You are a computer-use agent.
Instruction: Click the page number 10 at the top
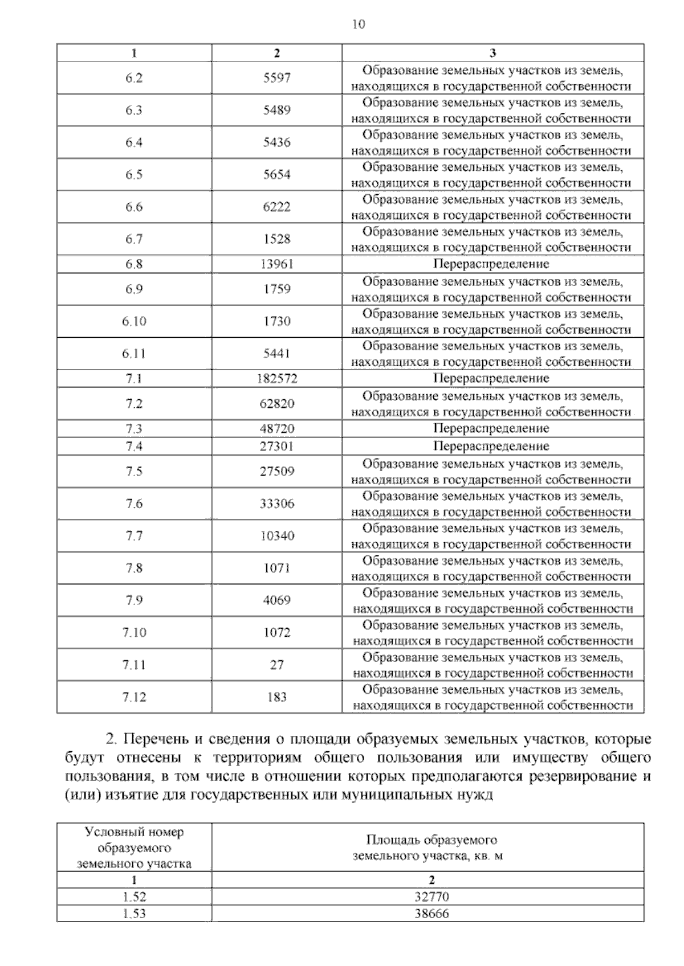[359, 24]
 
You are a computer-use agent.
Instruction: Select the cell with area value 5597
[276, 78]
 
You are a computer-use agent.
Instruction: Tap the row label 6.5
[134, 175]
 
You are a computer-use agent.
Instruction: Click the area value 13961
[276, 264]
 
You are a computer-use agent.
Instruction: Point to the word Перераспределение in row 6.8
[491, 264]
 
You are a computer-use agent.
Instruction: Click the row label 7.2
[134, 404]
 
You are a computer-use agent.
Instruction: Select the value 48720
[276, 429]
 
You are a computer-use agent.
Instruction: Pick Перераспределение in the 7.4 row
[491, 446]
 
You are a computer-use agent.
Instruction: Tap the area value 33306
[276, 504]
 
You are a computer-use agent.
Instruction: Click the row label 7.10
[134, 632]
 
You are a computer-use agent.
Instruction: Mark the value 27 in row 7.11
[276, 665]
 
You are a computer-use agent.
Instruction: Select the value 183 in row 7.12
[276, 697]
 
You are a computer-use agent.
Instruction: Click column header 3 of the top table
[492, 53]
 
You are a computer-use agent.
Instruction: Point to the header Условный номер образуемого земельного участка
[134, 848]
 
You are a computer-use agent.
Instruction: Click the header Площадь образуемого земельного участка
[431, 848]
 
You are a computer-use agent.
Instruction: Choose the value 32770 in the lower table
[431, 897]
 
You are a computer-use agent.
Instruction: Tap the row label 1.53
[134, 914]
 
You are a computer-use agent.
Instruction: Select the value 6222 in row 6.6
[276, 207]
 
